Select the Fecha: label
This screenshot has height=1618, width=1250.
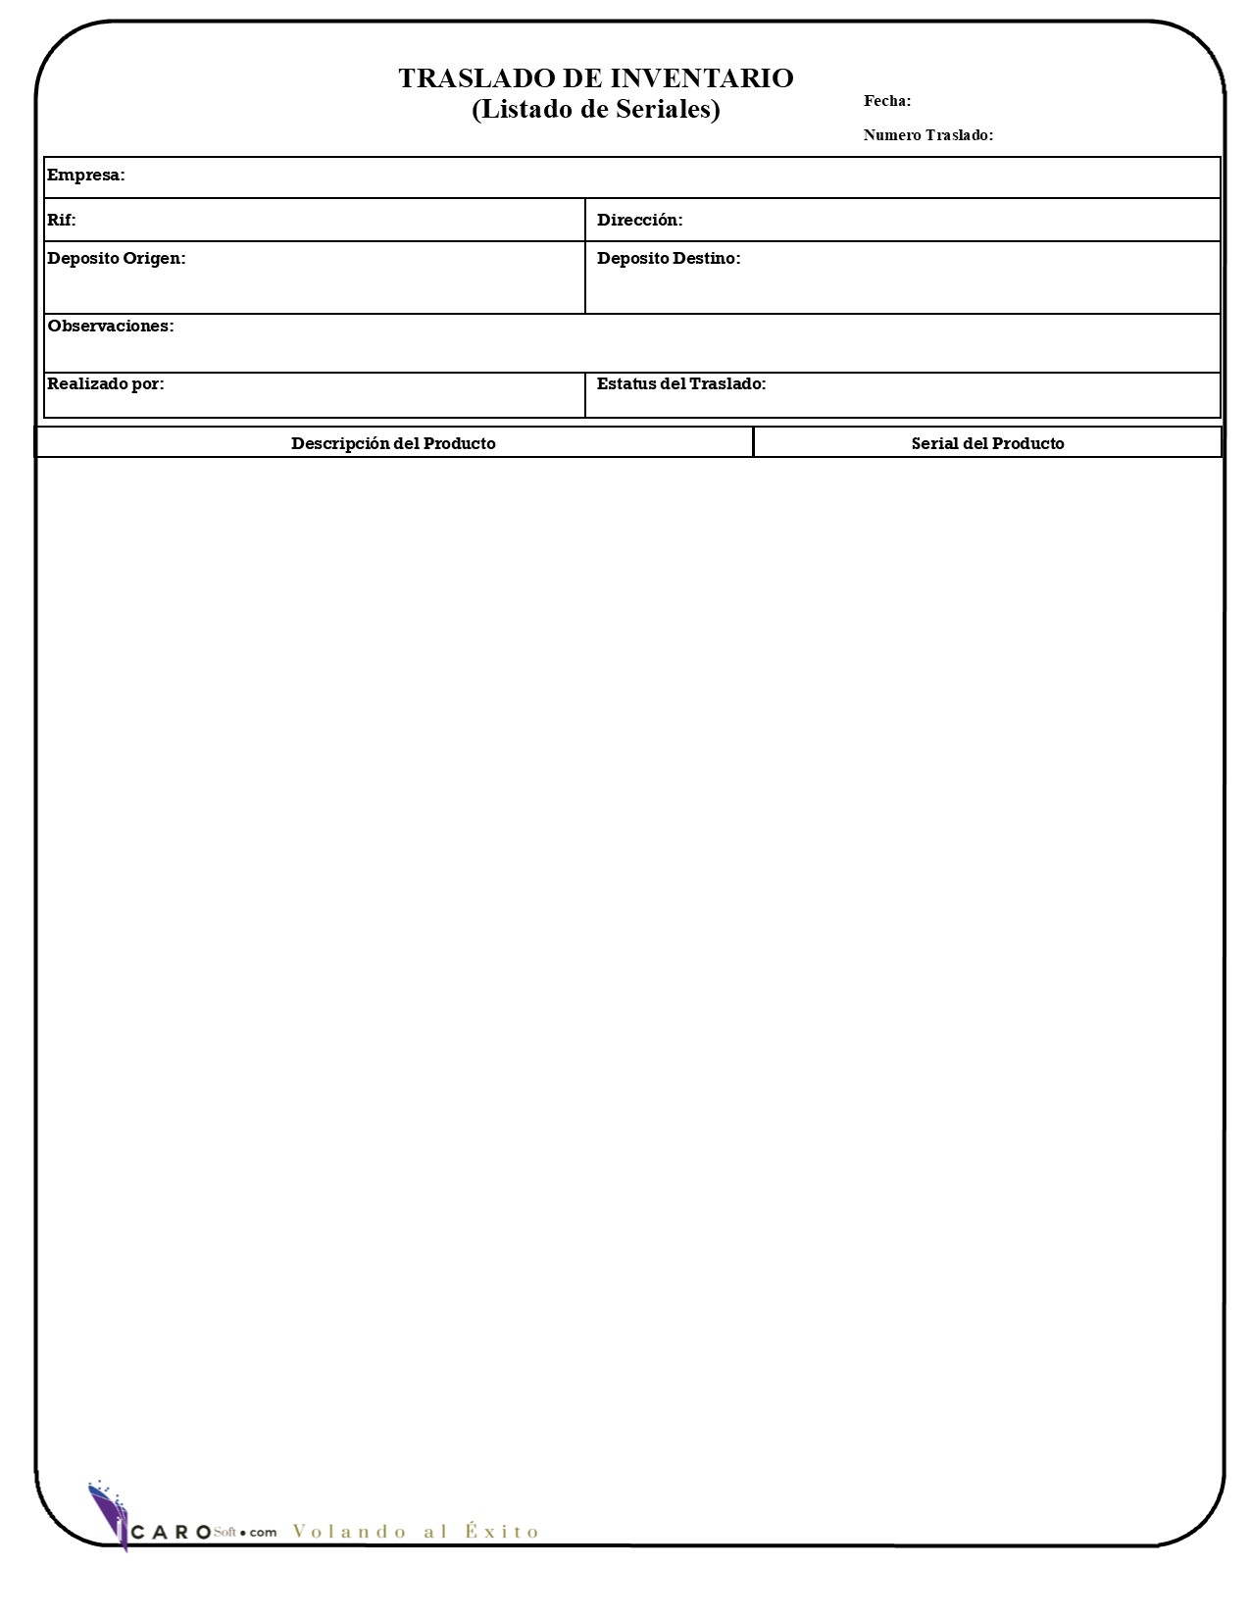[x=886, y=101]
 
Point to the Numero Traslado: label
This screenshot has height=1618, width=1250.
[x=927, y=135]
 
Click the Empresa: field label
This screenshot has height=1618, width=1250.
[x=86, y=176]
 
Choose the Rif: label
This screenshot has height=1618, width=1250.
[x=62, y=220]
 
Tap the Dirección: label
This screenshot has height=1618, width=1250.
[x=639, y=220]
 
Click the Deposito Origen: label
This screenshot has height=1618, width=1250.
[x=116, y=259]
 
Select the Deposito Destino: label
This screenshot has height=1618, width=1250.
[x=668, y=259]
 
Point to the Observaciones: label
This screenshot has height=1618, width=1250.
[x=110, y=327]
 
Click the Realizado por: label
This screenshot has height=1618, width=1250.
[x=106, y=384]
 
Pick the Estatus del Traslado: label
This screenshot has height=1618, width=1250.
[x=680, y=384]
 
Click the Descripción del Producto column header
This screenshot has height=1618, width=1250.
[x=393, y=443]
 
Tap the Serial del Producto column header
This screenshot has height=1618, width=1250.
[x=987, y=443]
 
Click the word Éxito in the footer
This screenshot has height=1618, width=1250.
[x=502, y=1531]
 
